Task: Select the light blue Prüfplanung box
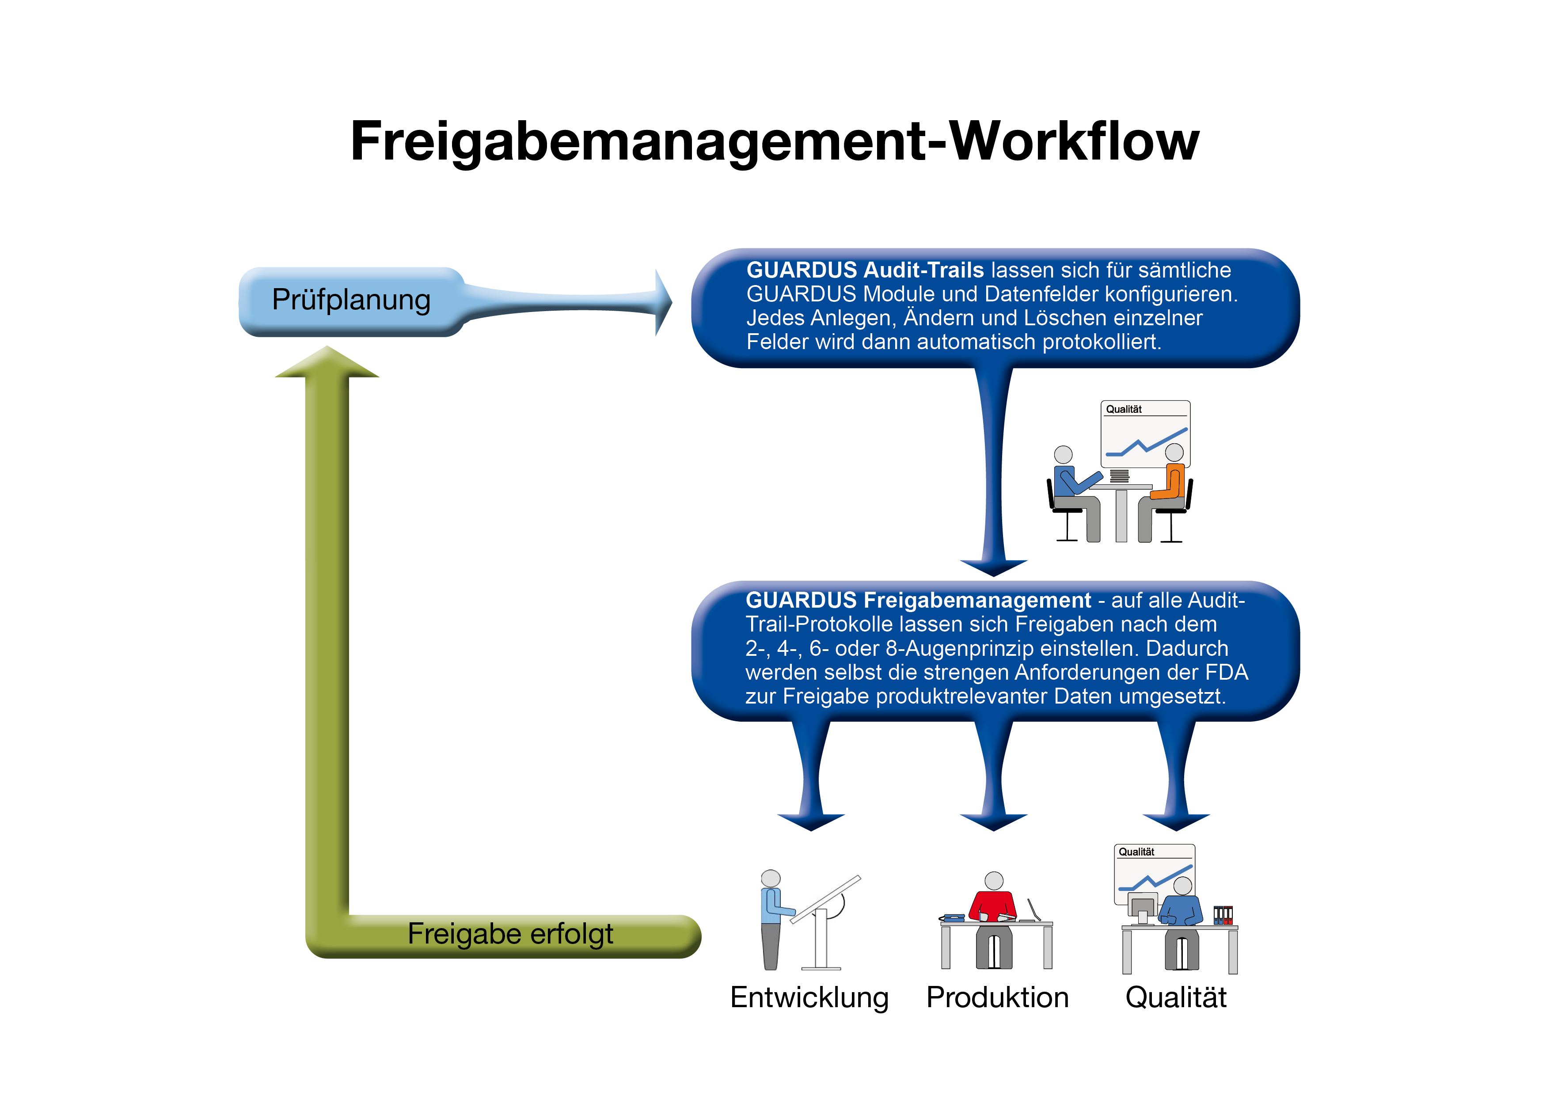(351, 301)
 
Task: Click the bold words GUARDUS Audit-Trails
(865, 270)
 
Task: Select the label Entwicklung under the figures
(809, 998)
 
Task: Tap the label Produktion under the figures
(997, 998)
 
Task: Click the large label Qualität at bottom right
(1175, 998)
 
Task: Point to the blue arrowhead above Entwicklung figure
(811, 822)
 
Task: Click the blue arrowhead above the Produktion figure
(994, 822)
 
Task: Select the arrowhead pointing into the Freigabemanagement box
(994, 567)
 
